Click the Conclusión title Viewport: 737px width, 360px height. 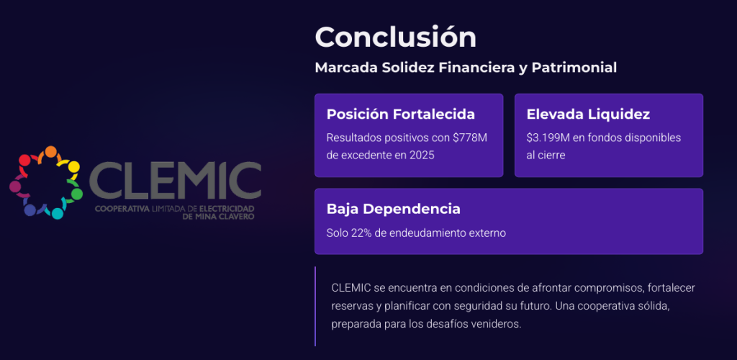(x=395, y=37)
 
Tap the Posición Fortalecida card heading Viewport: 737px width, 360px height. (x=400, y=114)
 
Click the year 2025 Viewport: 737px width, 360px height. (x=421, y=156)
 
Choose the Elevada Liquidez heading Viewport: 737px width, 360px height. (x=589, y=114)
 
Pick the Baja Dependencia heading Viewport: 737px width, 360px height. (x=394, y=210)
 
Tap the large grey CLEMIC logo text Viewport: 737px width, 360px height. (x=175, y=181)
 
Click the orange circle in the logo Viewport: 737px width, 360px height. (x=51, y=152)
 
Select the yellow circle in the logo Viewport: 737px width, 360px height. (x=74, y=167)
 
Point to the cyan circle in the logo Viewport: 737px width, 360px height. (x=58, y=214)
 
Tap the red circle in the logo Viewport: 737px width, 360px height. (x=24, y=160)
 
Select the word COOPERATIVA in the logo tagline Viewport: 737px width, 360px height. (x=121, y=208)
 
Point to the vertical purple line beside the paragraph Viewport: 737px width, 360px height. (x=315, y=307)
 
